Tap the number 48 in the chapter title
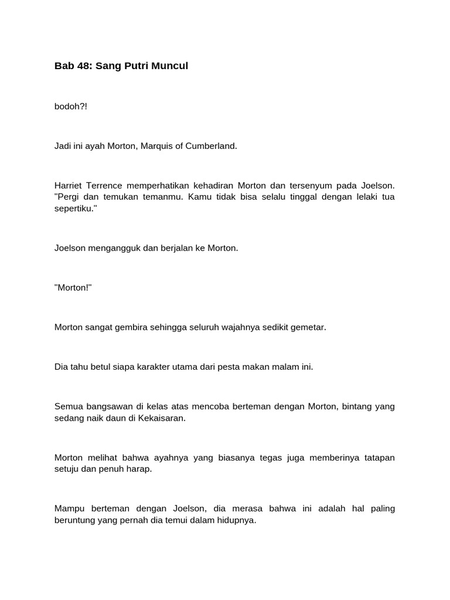click(84, 66)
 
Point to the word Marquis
click(161, 146)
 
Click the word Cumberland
click(214, 146)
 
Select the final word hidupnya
click(236, 520)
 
